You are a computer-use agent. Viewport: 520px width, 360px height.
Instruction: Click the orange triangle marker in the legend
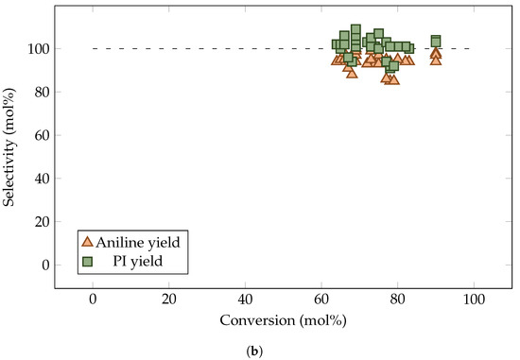click(x=88, y=240)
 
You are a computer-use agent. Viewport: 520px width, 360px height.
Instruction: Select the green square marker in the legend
click(x=88, y=258)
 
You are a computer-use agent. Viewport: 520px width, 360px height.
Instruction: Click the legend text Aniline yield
click(x=140, y=240)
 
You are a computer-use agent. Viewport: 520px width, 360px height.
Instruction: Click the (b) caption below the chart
click(x=283, y=351)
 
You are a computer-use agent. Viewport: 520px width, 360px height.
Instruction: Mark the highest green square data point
click(x=355, y=29)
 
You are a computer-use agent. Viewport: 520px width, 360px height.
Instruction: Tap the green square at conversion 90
click(x=436, y=41)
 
